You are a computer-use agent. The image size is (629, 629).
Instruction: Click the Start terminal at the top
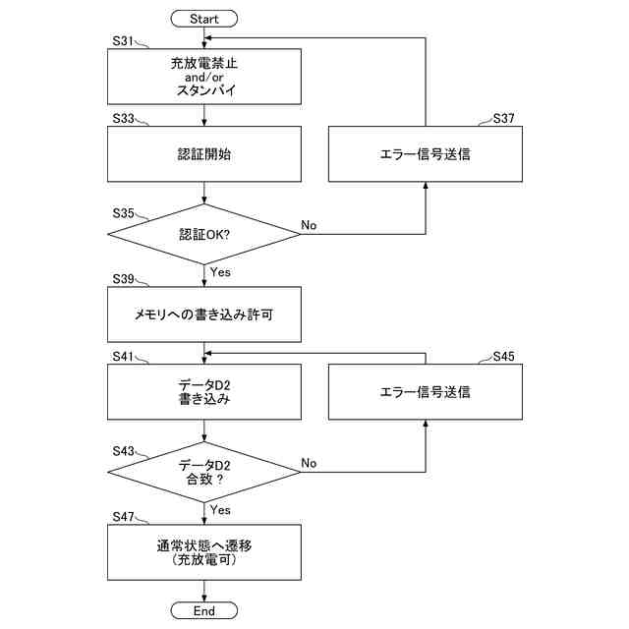point(203,19)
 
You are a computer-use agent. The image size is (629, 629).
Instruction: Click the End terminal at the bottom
point(203,610)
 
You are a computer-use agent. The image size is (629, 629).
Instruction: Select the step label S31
point(123,41)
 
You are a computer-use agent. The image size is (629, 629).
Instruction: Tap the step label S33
point(123,118)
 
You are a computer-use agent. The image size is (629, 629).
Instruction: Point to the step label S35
point(123,213)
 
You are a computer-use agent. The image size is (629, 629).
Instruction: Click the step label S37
point(503,118)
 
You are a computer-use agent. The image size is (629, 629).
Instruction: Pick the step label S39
point(123,279)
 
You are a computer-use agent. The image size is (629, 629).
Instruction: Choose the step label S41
point(123,356)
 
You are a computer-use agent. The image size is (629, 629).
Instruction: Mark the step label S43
point(123,451)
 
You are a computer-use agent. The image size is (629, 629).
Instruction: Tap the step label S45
point(503,356)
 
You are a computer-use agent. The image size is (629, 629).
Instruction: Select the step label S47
point(123,517)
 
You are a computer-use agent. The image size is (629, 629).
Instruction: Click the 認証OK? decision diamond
point(203,234)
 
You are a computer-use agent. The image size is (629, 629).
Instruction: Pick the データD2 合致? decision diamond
point(203,472)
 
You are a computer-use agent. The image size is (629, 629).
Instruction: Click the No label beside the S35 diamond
point(309,225)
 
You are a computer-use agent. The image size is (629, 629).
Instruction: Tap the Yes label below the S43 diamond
point(220,510)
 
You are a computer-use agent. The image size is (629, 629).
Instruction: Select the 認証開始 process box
point(204,154)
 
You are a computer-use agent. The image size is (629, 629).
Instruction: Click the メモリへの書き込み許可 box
point(204,314)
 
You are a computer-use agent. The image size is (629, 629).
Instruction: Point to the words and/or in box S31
point(203,77)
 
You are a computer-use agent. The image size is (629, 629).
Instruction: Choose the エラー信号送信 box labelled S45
point(426,392)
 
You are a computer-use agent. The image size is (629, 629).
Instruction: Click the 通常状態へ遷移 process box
point(204,552)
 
